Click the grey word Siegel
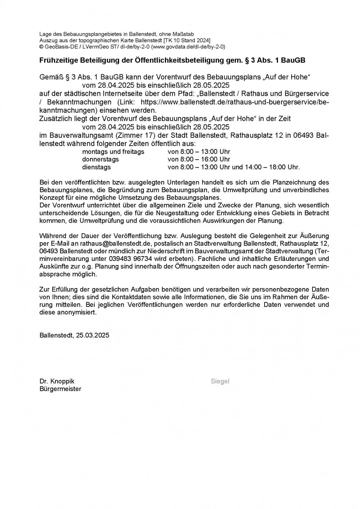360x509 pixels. pos(220,381)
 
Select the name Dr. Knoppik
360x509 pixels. pos(57,381)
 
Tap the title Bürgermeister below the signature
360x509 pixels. pos(60,389)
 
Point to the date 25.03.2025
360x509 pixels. pos(93,335)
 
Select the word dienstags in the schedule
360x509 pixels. pos(96,167)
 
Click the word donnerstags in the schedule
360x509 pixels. pos(100,159)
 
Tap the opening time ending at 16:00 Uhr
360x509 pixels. pos(199,159)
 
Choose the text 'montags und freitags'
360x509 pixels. pos(113,152)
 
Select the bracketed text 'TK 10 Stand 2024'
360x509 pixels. pos(187,40)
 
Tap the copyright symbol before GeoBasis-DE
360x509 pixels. pos(41,46)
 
